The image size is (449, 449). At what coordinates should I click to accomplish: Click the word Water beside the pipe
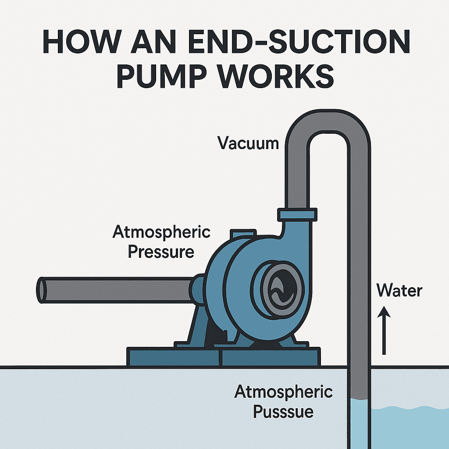tap(399, 291)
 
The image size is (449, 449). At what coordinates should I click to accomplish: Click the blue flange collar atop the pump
tap(297, 215)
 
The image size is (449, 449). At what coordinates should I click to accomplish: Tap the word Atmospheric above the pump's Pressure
tap(161, 232)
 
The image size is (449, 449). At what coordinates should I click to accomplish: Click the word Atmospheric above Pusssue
tap(283, 392)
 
